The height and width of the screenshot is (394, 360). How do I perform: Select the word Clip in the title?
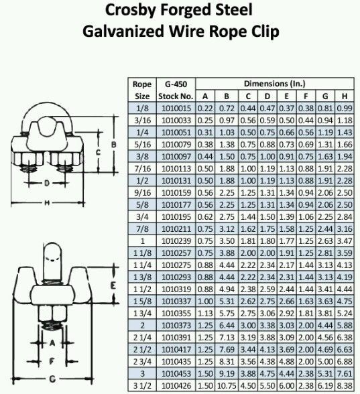point(263,32)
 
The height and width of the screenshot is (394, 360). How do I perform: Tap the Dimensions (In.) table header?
point(275,84)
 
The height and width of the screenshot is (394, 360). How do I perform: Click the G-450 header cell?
point(176,84)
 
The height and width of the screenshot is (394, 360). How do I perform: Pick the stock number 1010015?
point(176,109)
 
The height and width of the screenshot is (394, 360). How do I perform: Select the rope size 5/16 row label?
point(142,145)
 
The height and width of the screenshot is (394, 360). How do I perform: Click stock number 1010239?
point(176,241)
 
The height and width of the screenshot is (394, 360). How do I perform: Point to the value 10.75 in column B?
point(227,386)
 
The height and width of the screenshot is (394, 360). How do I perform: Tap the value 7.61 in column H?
point(345,374)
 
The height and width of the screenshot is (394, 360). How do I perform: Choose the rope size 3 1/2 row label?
point(142,386)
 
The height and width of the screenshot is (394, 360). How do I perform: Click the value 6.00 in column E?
point(287,386)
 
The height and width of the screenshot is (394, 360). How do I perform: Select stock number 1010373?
point(176,326)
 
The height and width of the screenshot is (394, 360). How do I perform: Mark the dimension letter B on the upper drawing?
point(114,145)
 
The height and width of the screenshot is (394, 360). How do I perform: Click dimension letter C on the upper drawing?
point(99,152)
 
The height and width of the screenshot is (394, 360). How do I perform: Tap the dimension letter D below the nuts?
point(47,183)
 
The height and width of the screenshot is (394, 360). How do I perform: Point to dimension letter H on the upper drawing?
point(46,203)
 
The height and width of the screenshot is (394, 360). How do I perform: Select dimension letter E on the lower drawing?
point(113,285)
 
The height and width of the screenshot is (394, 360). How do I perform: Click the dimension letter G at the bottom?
point(52,379)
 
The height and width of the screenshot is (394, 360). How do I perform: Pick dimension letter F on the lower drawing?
point(52,361)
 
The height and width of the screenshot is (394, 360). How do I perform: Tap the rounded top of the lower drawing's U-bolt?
point(52,245)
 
